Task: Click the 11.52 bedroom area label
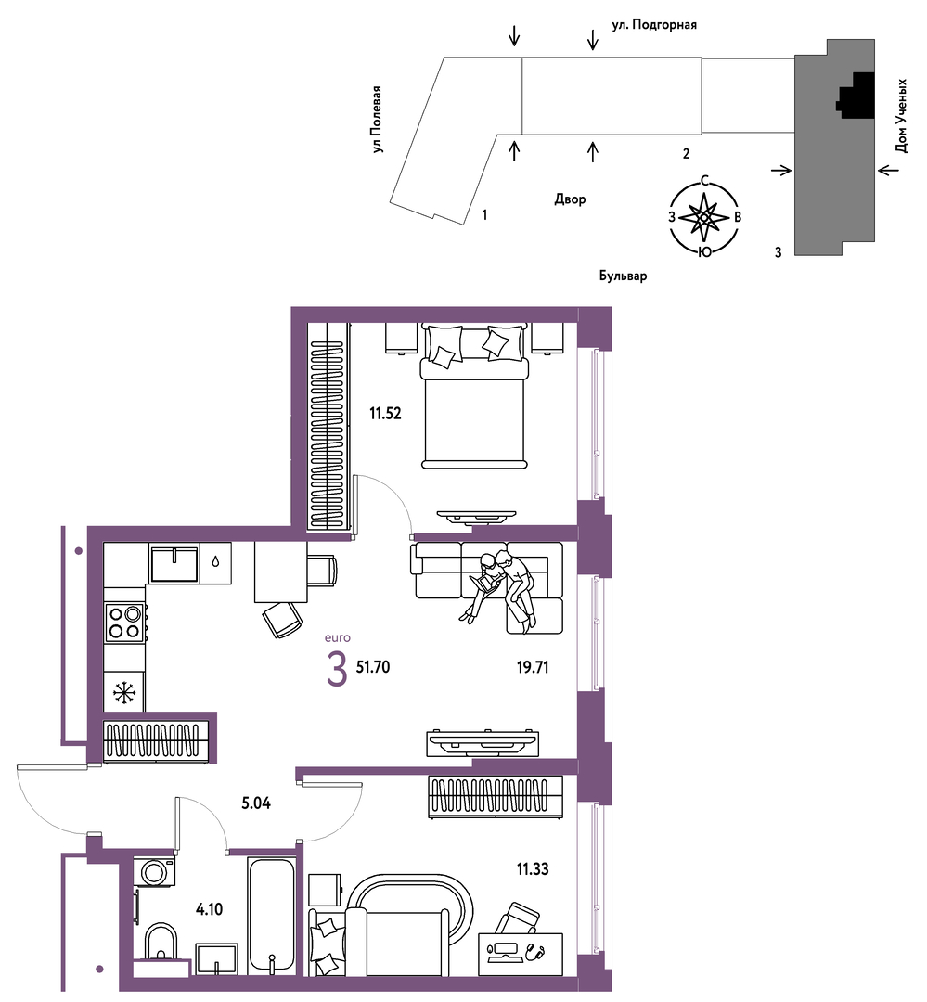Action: [x=385, y=414]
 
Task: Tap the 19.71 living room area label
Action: [x=533, y=668]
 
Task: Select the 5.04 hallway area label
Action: [x=256, y=803]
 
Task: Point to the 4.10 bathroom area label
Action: [x=209, y=908]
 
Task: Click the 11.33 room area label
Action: [x=533, y=869]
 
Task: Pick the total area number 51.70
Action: [x=373, y=667]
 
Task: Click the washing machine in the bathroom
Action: [x=154, y=872]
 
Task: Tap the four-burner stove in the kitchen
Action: [x=124, y=623]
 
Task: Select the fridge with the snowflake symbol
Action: [x=124, y=692]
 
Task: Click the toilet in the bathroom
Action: [x=161, y=942]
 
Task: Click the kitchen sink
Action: [x=174, y=563]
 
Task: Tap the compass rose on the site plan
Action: [x=703, y=217]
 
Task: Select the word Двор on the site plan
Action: [x=570, y=199]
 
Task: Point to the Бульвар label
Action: [x=623, y=276]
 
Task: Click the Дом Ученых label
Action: [x=901, y=116]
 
